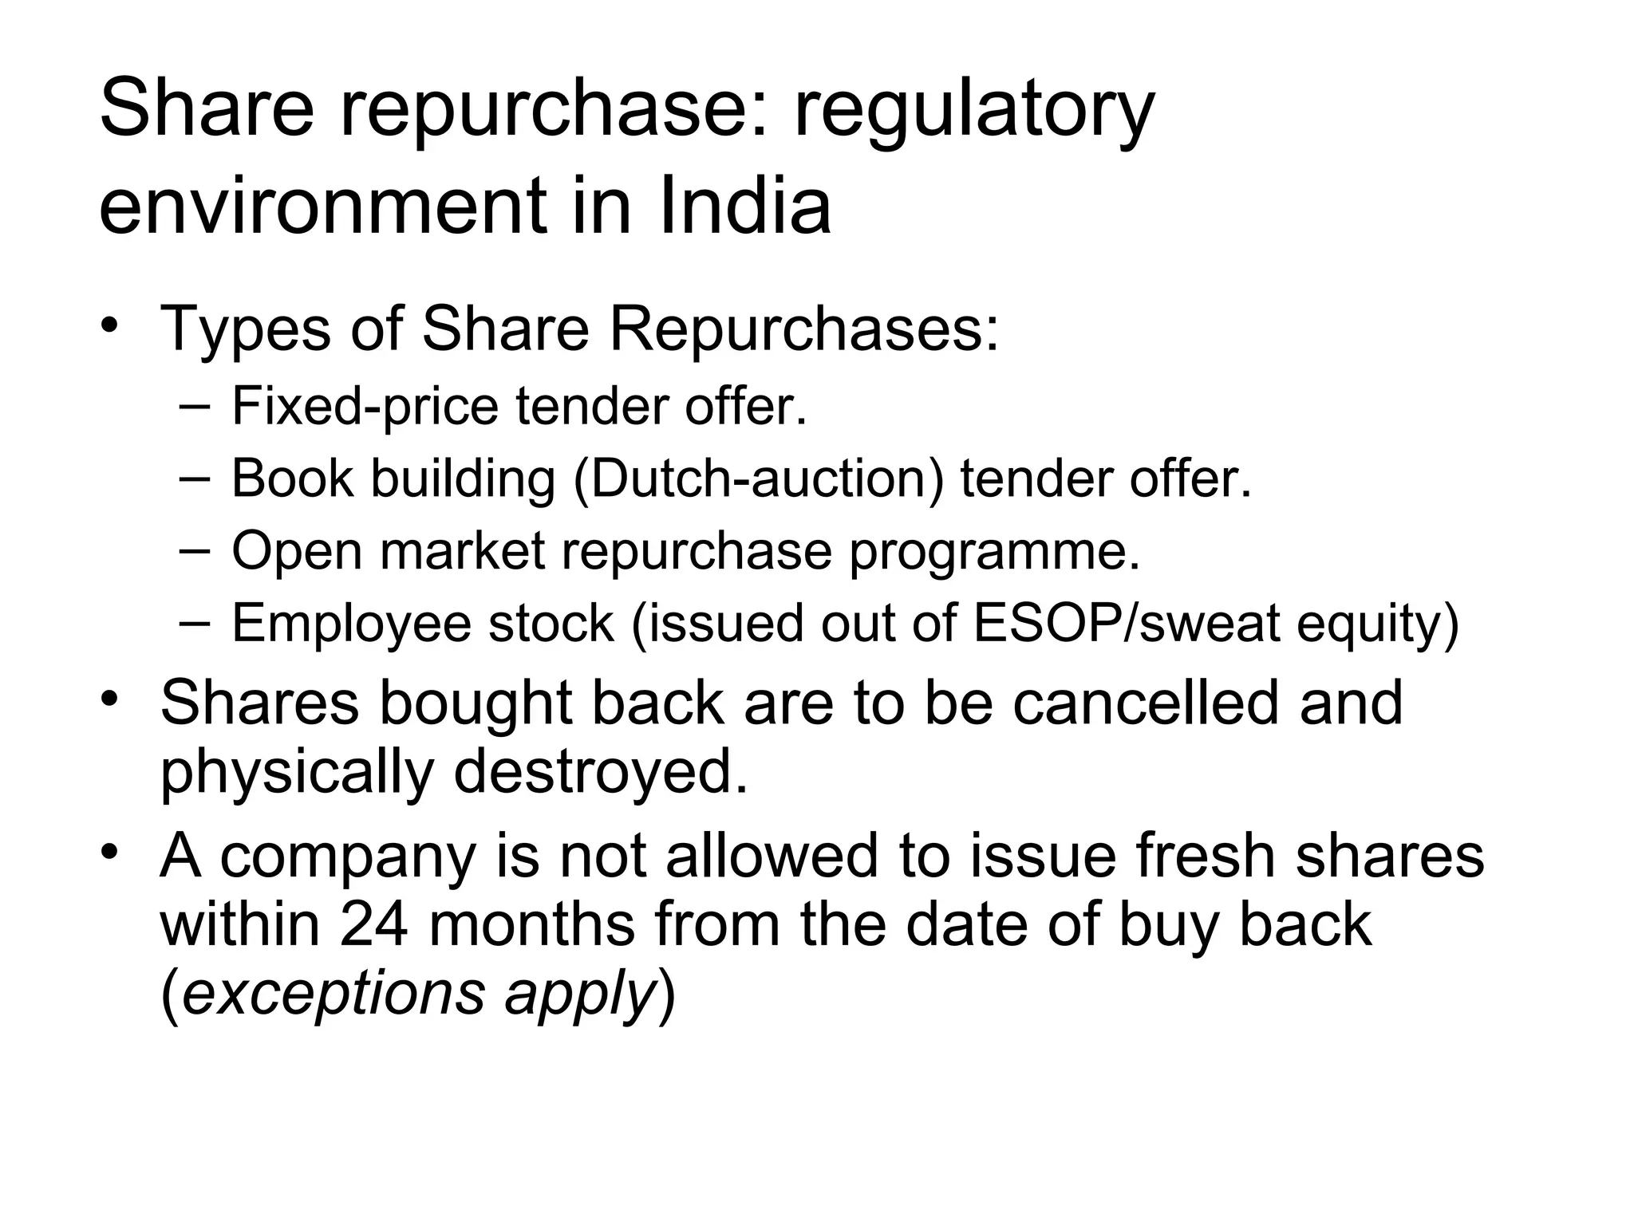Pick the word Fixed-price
tap(365, 407)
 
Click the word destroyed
tap(602, 772)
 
